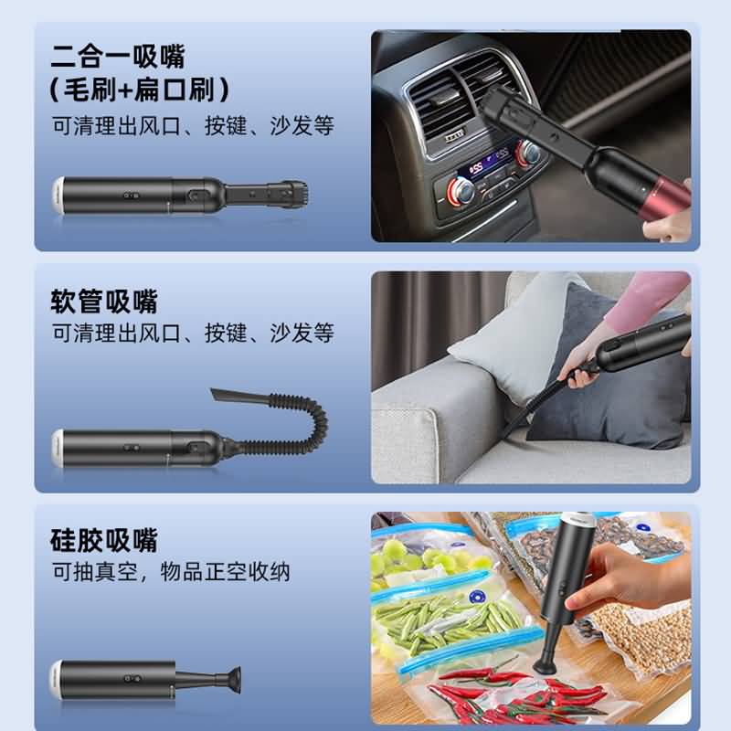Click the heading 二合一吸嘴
point(118,56)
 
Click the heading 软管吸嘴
point(104,302)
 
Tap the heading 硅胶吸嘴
point(104,540)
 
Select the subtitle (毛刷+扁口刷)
point(139,89)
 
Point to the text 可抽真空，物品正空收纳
point(171,572)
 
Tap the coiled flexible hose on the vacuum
point(289,427)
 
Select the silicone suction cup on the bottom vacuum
point(232,680)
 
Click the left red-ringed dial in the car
point(461,192)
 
